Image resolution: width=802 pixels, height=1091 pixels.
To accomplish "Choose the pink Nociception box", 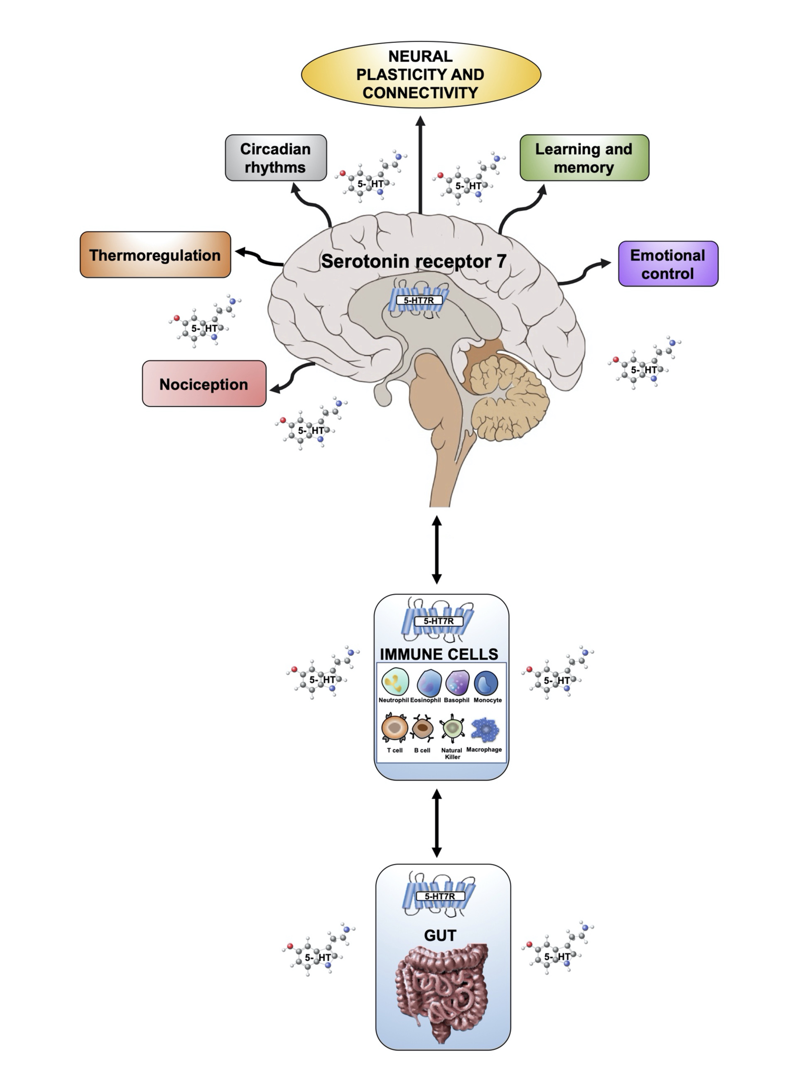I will pyautogui.click(x=204, y=384).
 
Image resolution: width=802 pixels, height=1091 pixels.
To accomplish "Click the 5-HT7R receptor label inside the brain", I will pyautogui.click(x=418, y=300).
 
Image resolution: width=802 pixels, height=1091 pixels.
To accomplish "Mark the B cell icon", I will pyautogui.click(x=422, y=727).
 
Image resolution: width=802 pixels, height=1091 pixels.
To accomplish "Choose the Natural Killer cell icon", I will pyautogui.click(x=452, y=727).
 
